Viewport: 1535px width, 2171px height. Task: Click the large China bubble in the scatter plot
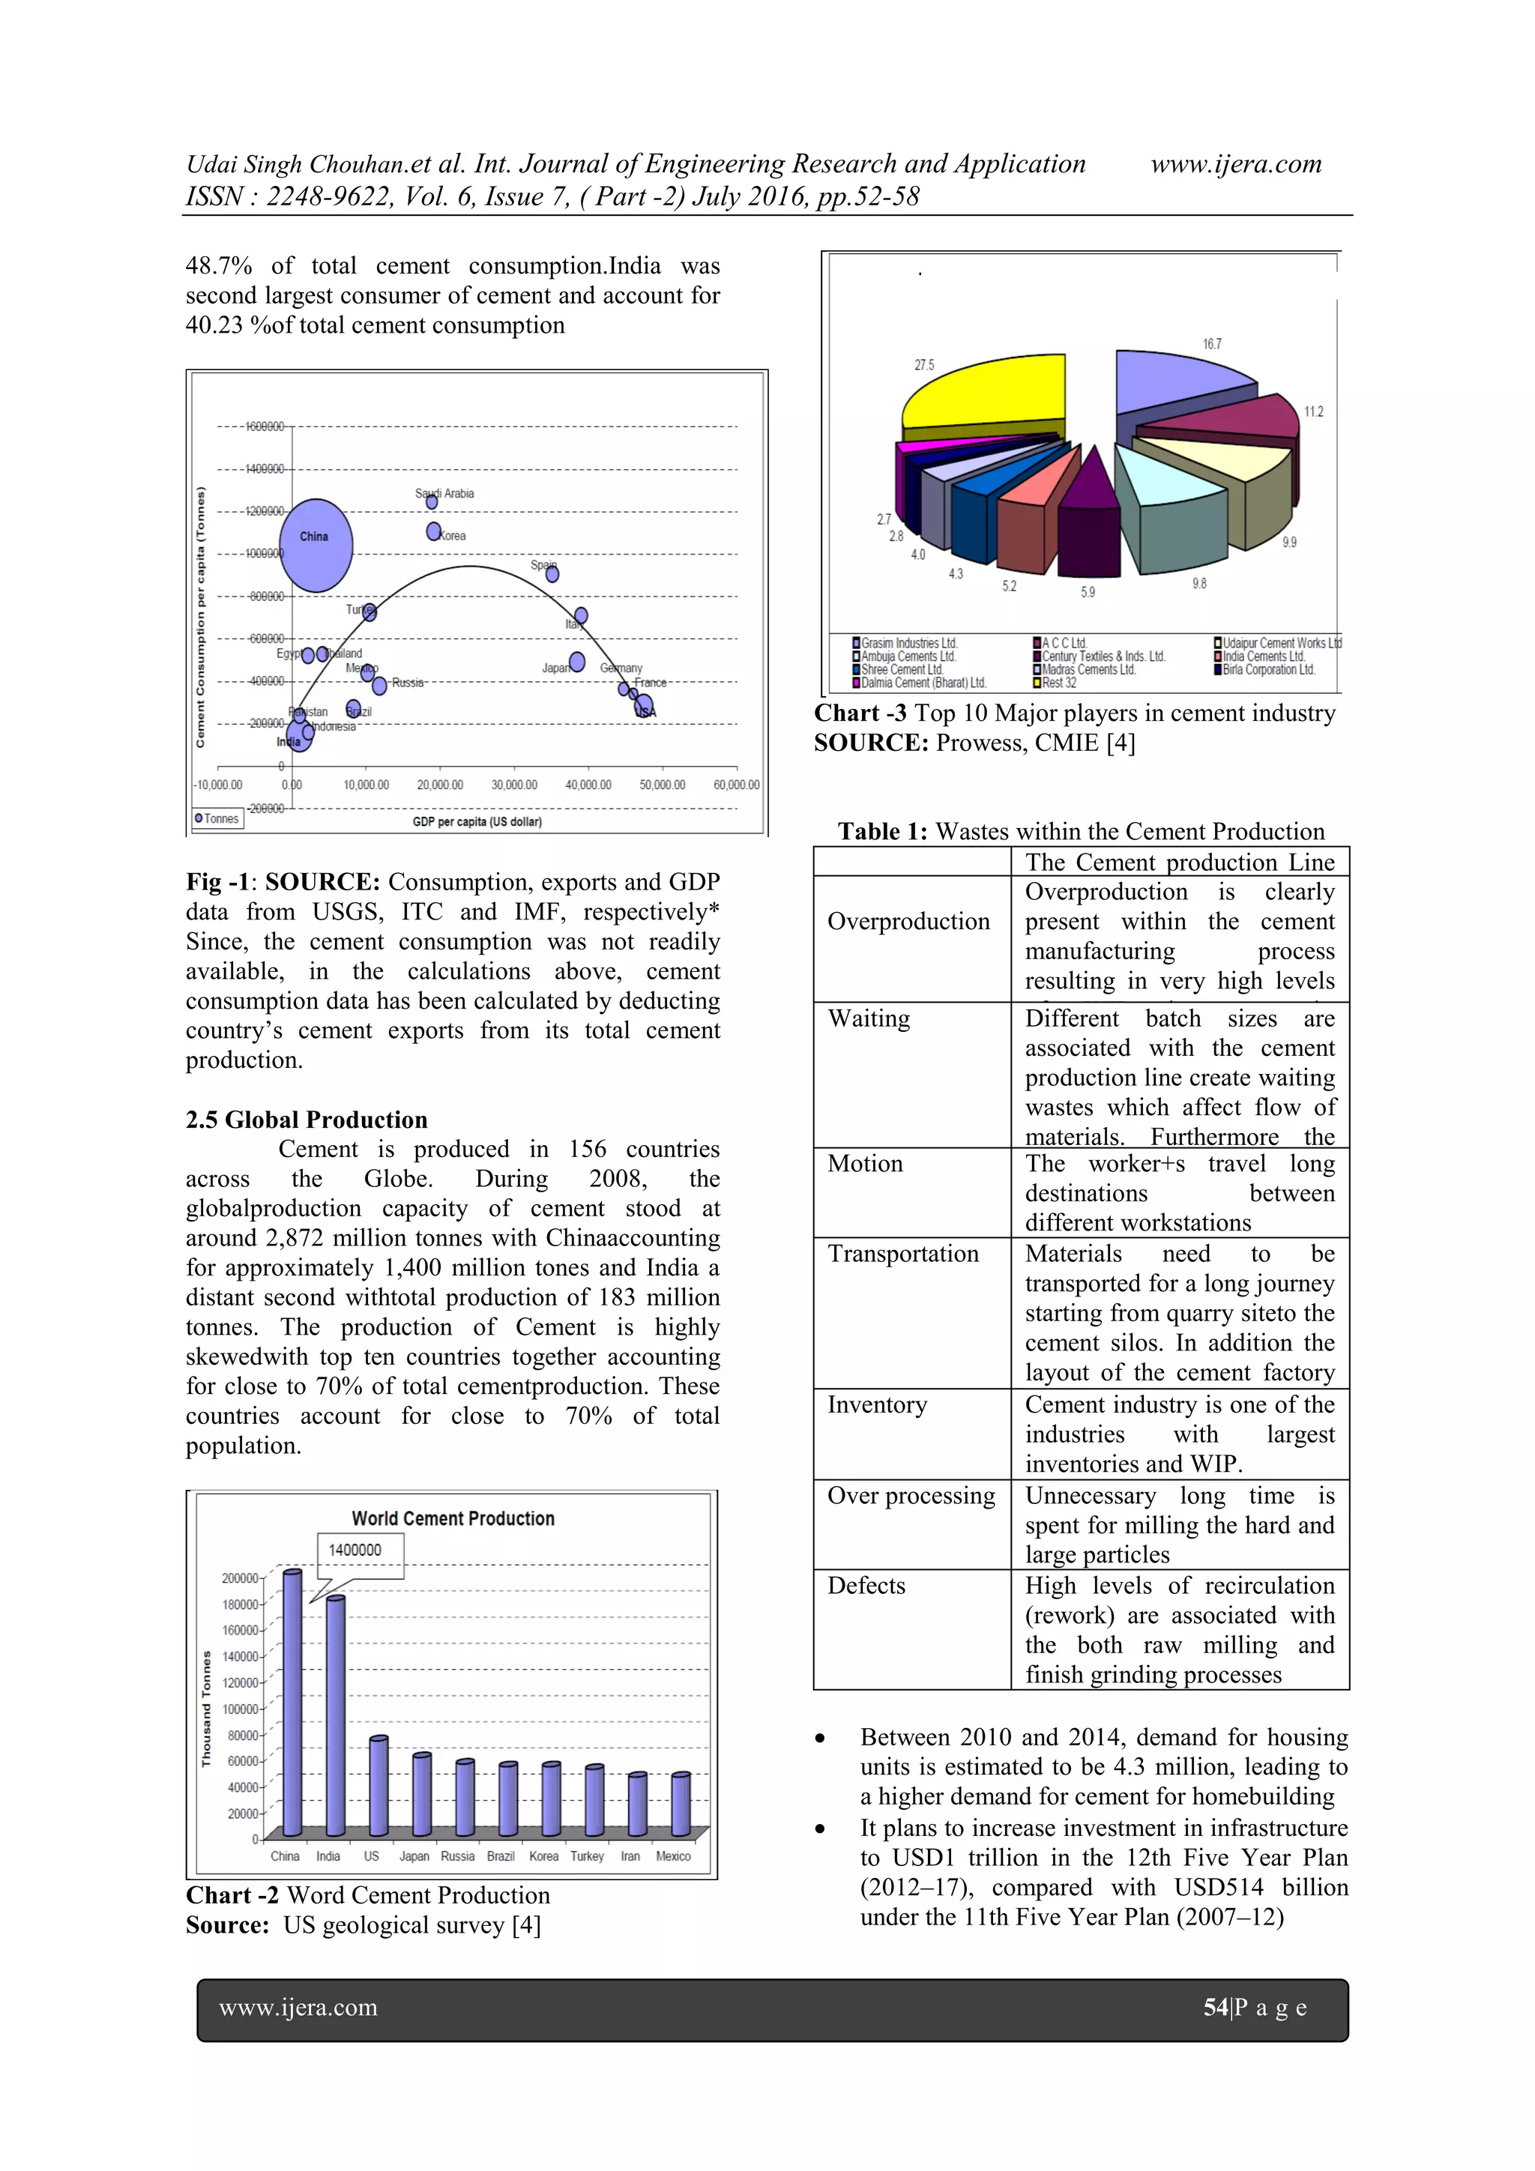(x=316, y=546)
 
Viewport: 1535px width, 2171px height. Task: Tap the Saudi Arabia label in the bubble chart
(x=444, y=494)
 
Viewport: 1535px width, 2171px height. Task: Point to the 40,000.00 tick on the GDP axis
(x=588, y=785)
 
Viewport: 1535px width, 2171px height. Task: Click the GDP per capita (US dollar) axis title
(x=477, y=821)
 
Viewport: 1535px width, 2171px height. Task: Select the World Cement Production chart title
(x=453, y=1518)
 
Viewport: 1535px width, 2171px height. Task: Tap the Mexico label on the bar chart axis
(x=673, y=1856)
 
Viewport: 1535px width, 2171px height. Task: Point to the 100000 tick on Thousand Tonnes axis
(x=241, y=1709)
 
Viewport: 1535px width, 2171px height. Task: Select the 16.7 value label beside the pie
(x=1211, y=344)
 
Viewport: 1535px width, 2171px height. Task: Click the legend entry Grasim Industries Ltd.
(x=908, y=643)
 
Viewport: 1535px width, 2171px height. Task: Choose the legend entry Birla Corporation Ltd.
(x=1267, y=669)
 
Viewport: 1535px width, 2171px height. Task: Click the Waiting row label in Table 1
(x=868, y=1018)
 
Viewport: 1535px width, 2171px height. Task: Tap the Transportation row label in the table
(x=903, y=1254)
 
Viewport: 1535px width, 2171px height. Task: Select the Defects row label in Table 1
(x=866, y=1586)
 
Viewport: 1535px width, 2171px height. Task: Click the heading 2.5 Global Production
(x=307, y=1120)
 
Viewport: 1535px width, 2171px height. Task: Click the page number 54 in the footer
(x=1214, y=2008)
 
